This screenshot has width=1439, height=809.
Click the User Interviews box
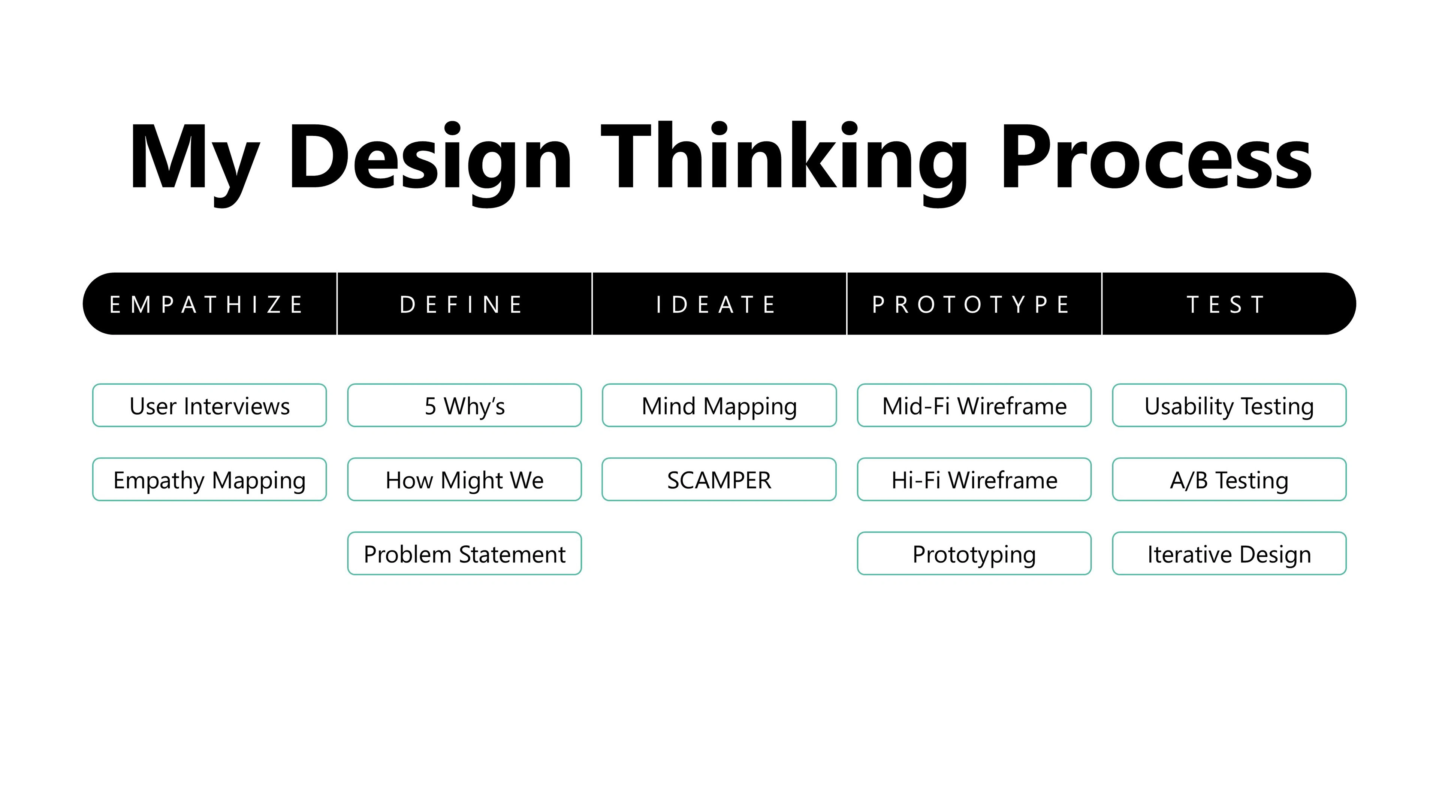[x=209, y=405]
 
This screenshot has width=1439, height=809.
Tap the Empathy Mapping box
[x=209, y=479]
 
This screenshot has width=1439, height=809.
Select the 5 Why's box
[x=465, y=405]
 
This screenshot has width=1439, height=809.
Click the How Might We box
[x=465, y=479]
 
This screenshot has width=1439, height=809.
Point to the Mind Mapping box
[x=719, y=405]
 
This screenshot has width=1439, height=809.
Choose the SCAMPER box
[x=719, y=479]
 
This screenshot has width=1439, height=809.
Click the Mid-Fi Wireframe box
[x=974, y=405]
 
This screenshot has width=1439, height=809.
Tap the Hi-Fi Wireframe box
[x=974, y=479]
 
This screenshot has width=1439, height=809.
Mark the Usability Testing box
[x=1230, y=405]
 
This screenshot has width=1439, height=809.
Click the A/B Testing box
[x=1230, y=479]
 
